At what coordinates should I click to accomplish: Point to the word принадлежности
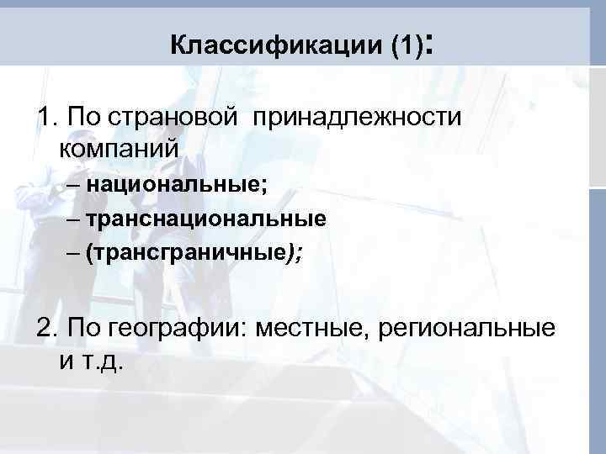pyautogui.click(x=363, y=117)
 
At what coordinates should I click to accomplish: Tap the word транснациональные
pyautogui.click(x=205, y=219)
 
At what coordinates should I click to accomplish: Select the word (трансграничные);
pyautogui.click(x=194, y=253)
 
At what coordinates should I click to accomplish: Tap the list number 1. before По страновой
pyautogui.click(x=46, y=117)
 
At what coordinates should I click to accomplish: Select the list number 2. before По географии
pyautogui.click(x=47, y=327)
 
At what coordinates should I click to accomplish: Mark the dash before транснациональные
pyautogui.click(x=71, y=219)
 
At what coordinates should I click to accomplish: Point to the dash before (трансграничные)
pyautogui.click(x=71, y=253)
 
